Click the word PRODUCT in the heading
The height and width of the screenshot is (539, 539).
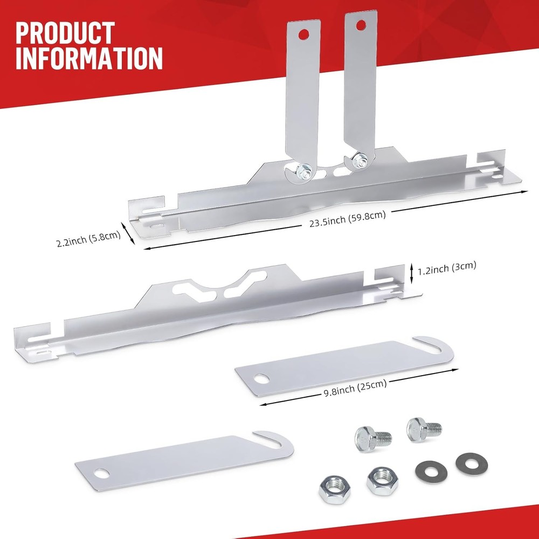[x=65, y=33]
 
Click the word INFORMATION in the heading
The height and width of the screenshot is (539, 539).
[x=89, y=58]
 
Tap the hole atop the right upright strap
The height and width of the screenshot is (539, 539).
[x=360, y=24]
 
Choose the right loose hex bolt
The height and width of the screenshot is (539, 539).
[x=423, y=429]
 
